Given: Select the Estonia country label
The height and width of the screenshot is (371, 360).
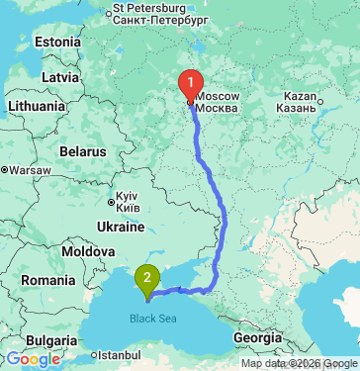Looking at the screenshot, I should coord(57,43).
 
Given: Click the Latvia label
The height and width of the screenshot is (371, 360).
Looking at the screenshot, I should coord(60,76).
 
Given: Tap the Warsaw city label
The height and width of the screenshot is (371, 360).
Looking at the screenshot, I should coord(30,169).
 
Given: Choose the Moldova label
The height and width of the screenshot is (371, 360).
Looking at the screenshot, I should coord(88,253).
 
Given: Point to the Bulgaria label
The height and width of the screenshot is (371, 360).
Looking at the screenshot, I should coord(44,339).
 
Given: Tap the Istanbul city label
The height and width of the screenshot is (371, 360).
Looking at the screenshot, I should coord(119,353).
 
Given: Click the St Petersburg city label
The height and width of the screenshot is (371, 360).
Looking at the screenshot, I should coord(160,13).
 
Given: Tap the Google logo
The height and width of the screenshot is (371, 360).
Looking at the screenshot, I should coord(33,359).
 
